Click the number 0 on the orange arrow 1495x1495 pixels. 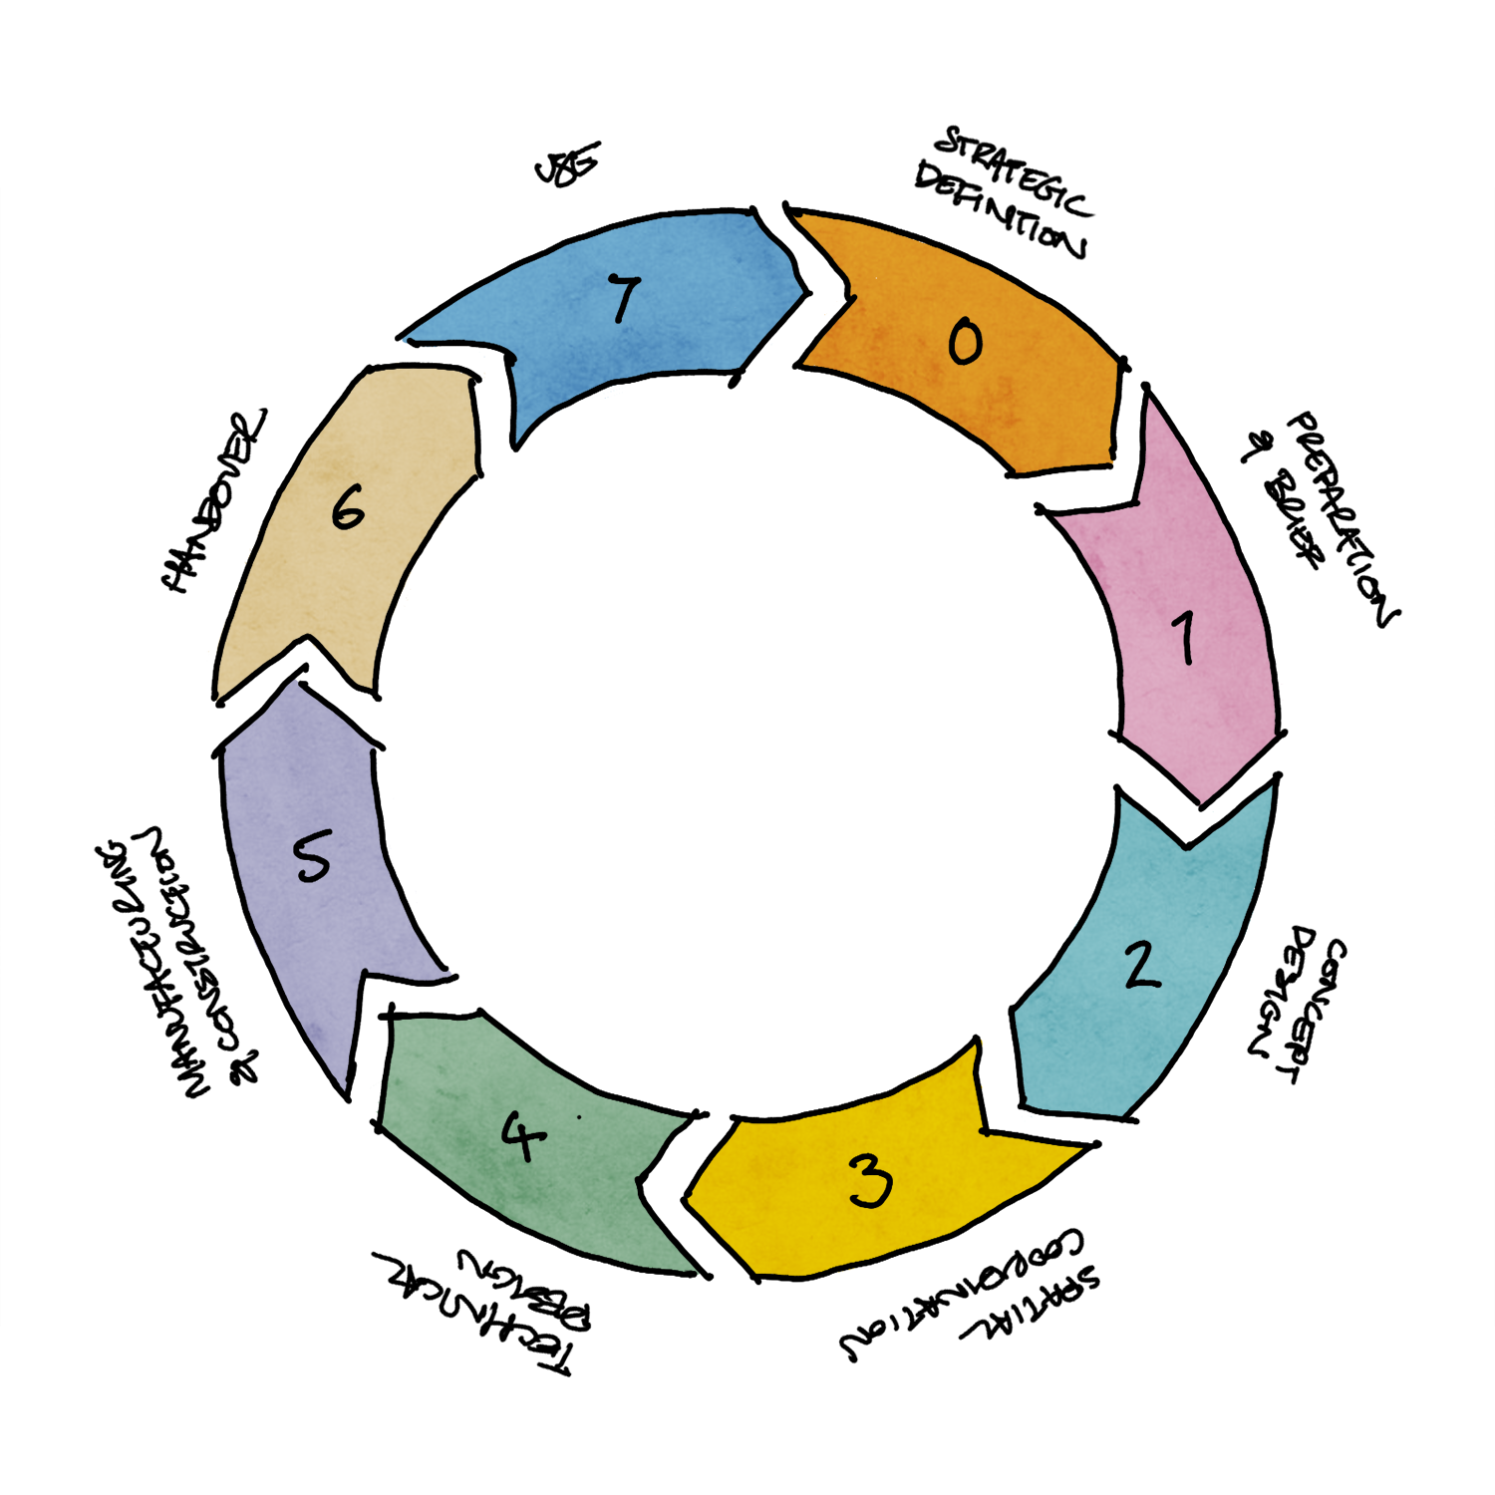(964, 341)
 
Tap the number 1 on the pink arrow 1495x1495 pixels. (1184, 638)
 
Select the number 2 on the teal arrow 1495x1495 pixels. (1140, 964)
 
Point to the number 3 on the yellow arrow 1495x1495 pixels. (871, 1181)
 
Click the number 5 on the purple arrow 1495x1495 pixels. (312, 858)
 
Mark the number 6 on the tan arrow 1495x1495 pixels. (348, 510)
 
